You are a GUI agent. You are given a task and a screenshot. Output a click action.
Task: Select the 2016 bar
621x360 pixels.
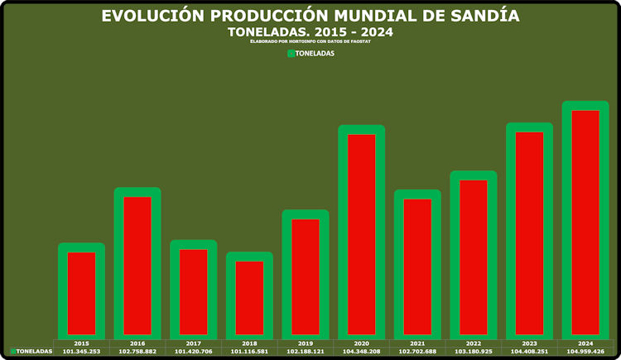[x=137, y=265]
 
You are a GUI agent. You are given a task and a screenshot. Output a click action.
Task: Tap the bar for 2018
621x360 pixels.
[x=249, y=297]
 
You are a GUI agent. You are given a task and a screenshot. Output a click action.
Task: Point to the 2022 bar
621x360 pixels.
[x=474, y=257]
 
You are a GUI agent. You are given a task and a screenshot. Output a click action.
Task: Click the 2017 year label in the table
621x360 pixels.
[x=193, y=343]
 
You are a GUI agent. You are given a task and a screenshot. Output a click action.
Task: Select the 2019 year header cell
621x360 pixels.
[x=306, y=343]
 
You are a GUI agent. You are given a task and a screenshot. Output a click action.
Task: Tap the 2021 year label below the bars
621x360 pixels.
[x=417, y=343]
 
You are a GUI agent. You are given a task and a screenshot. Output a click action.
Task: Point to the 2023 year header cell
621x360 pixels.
[x=529, y=343]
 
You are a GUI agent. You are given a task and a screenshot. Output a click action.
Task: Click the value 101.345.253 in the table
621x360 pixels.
[x=81, y=351]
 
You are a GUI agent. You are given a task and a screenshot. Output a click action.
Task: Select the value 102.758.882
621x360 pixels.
[x=137, y=351]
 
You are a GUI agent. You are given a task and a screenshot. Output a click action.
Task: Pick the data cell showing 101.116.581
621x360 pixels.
[x=249, y=351]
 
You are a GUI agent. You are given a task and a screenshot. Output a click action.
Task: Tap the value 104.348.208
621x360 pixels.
[x=362, y=351]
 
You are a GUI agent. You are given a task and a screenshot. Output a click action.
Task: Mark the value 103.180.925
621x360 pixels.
[x=474, y=351]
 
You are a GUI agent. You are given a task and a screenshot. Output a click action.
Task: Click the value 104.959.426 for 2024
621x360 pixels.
[x=585, y=351]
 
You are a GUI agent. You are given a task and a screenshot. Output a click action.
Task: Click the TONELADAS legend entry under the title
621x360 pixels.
[x=310, y=54]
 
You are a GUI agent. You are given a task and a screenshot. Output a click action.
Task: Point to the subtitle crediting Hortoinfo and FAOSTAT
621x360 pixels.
[x=310, y=41]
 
